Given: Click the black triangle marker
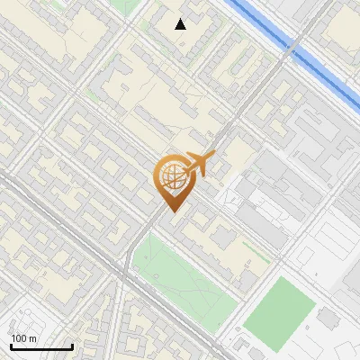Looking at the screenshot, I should (181, 24).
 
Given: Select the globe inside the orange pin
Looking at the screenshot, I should (171, 177).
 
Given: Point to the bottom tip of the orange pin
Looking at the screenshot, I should (171, 211).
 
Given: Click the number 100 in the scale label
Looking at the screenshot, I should (19, 338).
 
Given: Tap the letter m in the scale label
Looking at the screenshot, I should (33, 338).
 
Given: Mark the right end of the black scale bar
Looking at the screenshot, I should (73, 347).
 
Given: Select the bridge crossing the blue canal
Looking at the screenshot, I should (294, 44).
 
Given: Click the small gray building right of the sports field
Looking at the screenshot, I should (328, 318).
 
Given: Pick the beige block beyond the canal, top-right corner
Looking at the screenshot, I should (342, 27).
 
